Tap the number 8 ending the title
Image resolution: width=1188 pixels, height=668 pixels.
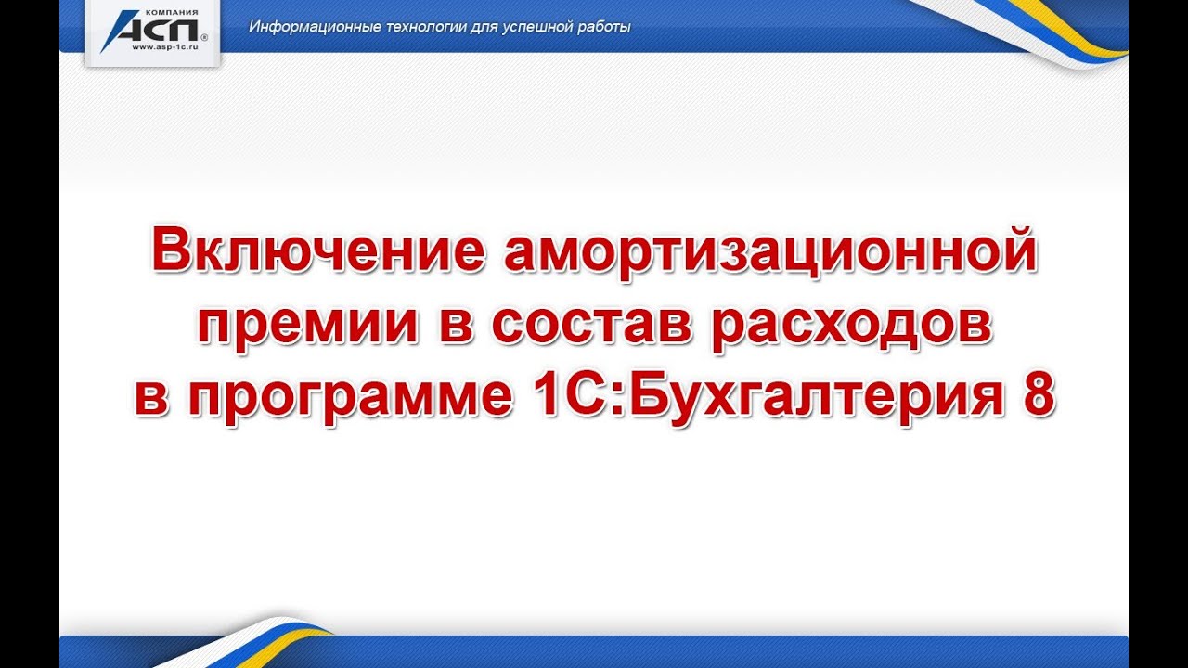1038,397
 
